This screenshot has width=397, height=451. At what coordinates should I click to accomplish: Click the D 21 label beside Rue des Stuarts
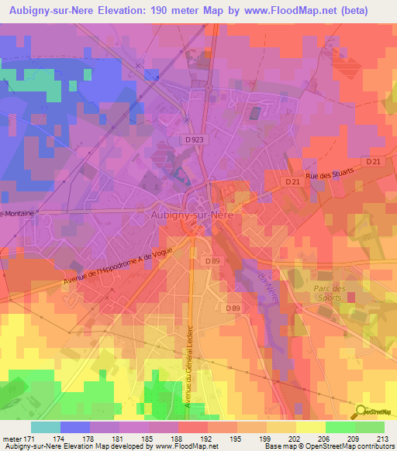click(x=292, y=181)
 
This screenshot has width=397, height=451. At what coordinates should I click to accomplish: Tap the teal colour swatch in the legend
click(x=46, y=427)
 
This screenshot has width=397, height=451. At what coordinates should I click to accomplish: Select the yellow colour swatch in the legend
click(x=309, y=427)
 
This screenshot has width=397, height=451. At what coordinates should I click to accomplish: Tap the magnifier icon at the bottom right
click(x=360, y=412)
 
